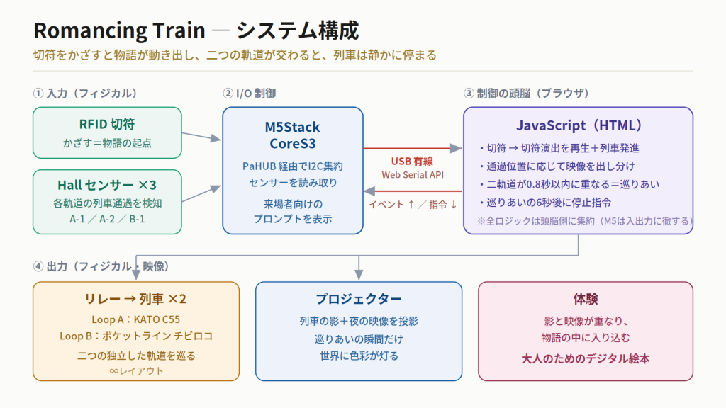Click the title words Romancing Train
119,31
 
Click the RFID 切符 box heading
107,124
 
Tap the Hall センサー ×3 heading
107,185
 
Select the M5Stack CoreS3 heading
293,135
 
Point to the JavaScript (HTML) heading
579,125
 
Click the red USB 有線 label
412,161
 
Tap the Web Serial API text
413,175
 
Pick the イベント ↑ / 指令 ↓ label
413,205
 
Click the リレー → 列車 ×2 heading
135,299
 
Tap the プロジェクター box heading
359,299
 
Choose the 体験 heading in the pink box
586,299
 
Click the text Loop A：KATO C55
135,319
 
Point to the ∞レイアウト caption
136,371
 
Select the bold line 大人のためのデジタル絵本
586,358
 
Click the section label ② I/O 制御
249,93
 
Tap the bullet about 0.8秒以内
569,184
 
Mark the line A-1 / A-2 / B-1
107,219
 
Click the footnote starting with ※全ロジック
585,221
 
